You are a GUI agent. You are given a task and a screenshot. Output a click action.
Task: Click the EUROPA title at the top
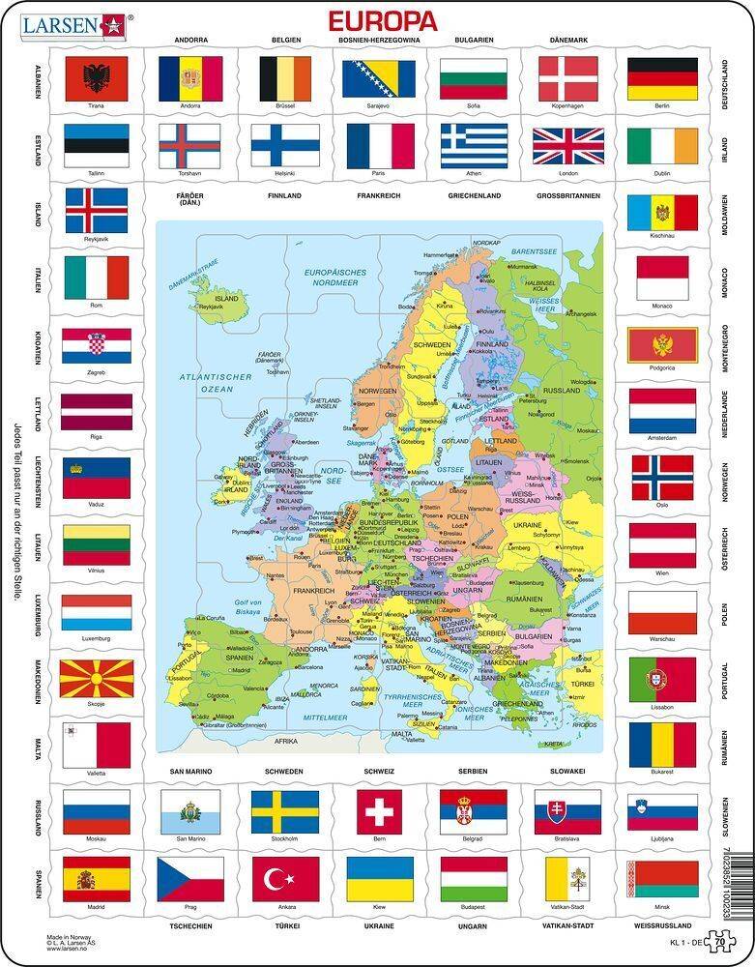click(x=384, y=20)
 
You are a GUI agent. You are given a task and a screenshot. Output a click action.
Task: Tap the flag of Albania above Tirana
click(x=96, y=77)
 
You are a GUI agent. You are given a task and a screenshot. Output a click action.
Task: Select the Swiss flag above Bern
click(x=379, y=810)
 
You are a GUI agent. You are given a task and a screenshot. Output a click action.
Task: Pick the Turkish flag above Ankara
click(x=284, y=877)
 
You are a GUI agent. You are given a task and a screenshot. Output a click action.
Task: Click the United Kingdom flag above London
click(x=567, y=145)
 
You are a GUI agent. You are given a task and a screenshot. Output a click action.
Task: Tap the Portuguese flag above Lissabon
click(x=662, y=679)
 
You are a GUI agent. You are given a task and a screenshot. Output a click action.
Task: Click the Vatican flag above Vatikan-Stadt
click(x=567, y=877)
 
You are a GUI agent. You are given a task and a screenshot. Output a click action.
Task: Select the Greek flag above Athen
click(x=474, y=145)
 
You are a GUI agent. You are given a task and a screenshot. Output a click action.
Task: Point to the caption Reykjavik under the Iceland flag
click(x=96, y=236)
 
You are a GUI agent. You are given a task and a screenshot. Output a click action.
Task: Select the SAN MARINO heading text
click(x=189, y=773)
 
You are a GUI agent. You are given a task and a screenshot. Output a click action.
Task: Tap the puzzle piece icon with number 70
click(x=718, y=942)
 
